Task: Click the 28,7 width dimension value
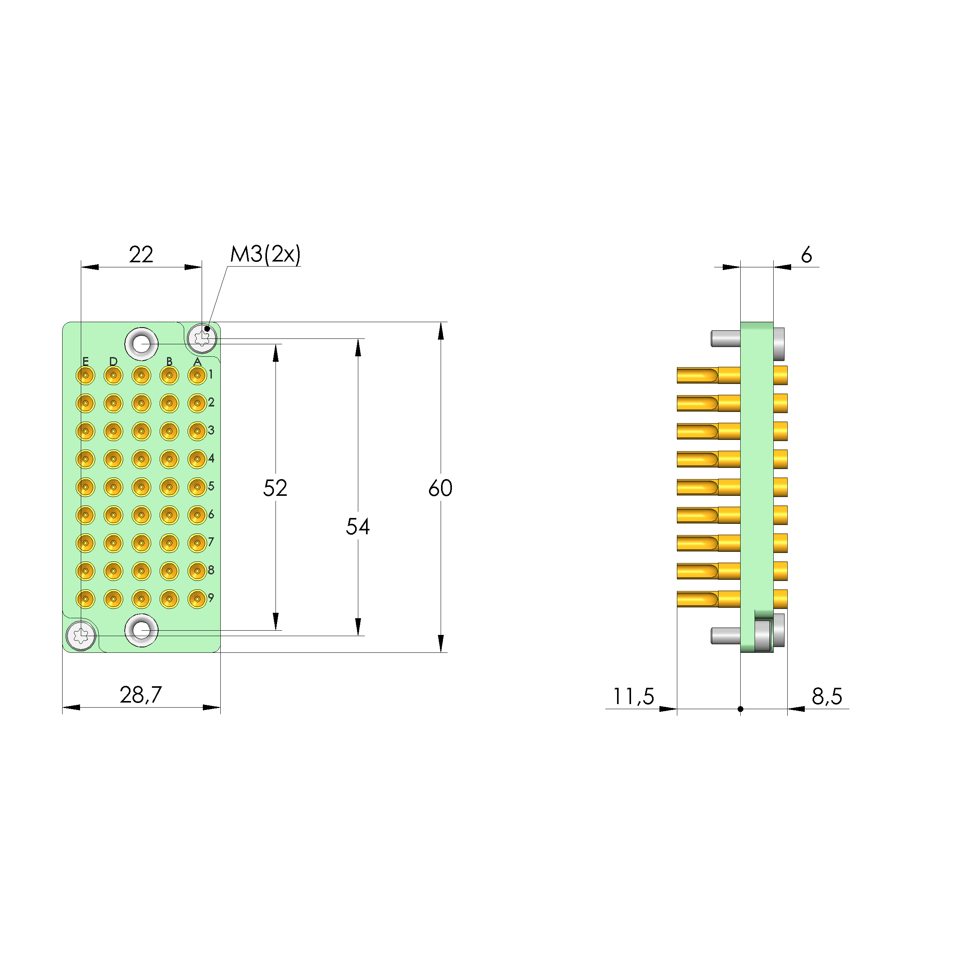141,695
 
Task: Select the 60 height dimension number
440,488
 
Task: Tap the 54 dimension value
357,527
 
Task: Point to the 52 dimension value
275,488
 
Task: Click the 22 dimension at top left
141,255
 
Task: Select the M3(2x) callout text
265,255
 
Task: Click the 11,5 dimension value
633,696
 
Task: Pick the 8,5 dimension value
827,696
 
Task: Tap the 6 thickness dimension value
806,255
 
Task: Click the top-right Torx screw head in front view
202,338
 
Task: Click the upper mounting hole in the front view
141,344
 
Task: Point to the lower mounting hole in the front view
141,630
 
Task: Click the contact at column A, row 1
197,375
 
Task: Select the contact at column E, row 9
85,599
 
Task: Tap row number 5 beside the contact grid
211,486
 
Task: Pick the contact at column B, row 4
169,459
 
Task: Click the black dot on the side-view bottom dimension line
740,709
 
